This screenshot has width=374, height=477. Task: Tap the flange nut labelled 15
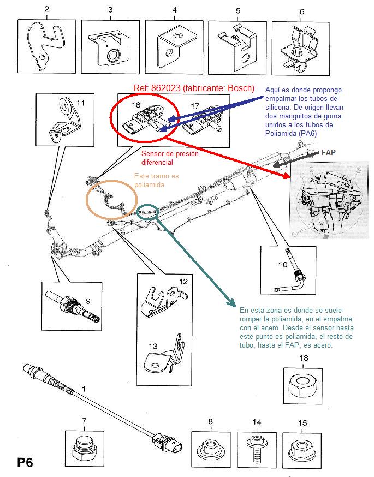(302, 449)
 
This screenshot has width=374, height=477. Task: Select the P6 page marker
(25, 462)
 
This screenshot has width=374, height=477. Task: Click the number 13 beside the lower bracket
(152, 346)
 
